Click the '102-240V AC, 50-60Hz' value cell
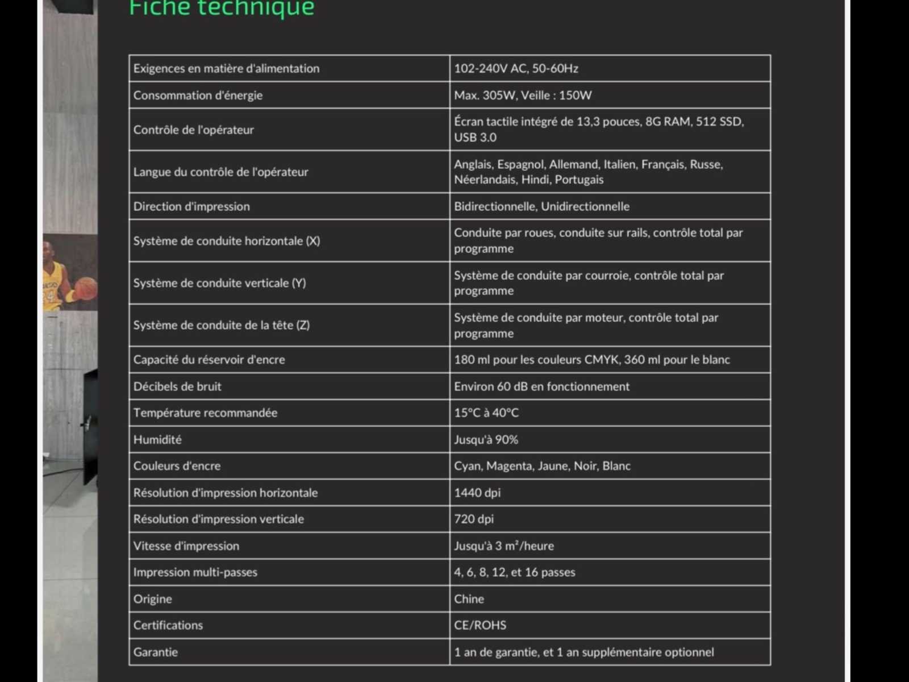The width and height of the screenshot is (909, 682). [x=516, y=69]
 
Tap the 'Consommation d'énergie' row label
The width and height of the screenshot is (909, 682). [x=198, y=95]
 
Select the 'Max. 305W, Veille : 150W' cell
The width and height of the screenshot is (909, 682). [x=523, y=95]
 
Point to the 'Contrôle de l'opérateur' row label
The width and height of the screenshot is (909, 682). [x=193, y=130]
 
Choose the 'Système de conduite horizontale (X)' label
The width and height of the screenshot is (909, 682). [x=227, y=241]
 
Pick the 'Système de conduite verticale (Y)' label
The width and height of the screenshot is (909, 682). [x=219, y=283]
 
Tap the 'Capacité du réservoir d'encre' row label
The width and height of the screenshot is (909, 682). [x=209, y=360]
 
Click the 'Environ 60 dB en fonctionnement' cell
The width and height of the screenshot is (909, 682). [x=541, y=386]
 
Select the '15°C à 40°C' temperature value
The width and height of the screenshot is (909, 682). [x=486, y=413]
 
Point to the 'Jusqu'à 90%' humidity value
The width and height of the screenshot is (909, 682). [x=486, y=440]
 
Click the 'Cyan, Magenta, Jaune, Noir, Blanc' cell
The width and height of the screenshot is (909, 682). [x=542, y=466]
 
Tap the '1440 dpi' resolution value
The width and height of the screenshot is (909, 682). [x=477, y=493]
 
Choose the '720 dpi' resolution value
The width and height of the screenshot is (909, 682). [x=474, y=519]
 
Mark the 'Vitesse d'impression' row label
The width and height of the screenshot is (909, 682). [x=186, y=546]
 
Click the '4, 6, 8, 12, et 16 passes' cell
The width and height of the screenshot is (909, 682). [x=514, y=572]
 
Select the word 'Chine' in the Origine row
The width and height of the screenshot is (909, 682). [x=469, y=599]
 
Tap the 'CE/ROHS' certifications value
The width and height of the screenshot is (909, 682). [x=480, y=625]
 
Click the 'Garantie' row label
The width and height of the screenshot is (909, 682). [x=156, y=652]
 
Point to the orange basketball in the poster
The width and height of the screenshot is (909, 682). [x=86, y=287]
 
